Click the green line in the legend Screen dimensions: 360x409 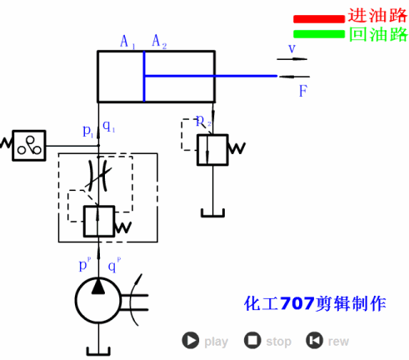tap(318, 34)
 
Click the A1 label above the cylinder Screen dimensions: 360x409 tap(127, 41)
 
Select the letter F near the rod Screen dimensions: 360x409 tap(304, 91)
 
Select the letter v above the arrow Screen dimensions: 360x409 tap(292, 48)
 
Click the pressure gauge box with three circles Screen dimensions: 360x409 tap(29, 145)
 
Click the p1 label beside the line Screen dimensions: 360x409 tap(88, 131)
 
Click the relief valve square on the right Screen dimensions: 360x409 tap(212, 148)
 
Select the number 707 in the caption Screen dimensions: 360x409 tap(297, 303)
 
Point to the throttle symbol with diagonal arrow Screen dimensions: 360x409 tap(99, 177)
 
